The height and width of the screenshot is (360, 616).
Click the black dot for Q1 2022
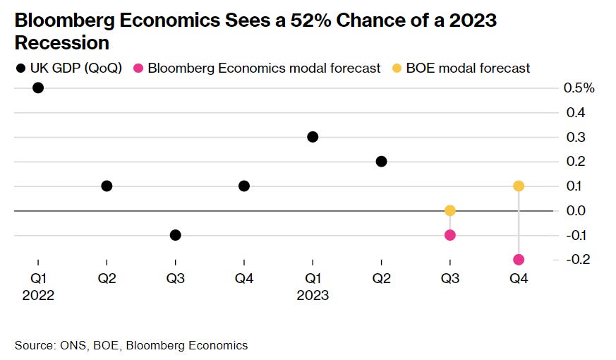(38, 88)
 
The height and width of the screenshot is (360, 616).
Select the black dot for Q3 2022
(176, 235)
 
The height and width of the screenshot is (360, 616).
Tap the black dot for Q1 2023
(313, 137)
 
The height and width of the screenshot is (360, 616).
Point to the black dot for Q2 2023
(381, 162)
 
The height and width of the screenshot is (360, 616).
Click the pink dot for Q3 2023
(450, 235)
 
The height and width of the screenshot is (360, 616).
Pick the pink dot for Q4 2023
(519, 260)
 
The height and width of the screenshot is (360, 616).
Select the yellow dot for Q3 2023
(450, 210)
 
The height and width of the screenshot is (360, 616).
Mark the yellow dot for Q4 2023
(519, 186)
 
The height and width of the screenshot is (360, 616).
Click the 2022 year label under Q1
(38, 296)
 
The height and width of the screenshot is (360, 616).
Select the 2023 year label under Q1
(313, 296)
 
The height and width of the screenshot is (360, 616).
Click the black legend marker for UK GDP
(19, 68)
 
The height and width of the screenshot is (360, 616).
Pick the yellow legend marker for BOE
(397, 68)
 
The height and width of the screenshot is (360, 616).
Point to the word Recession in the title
(62, 43)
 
